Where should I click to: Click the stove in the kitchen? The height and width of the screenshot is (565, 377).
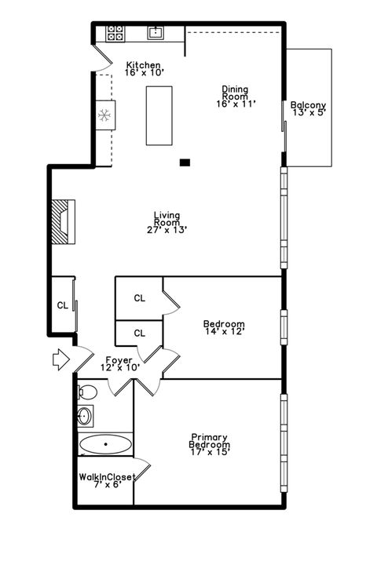click(x=115, y=33)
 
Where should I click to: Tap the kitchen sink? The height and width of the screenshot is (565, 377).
click(x=156, y=32)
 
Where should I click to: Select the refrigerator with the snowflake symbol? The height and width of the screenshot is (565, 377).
click(x=104, y=115)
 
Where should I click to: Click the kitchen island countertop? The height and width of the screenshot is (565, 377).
click(x=160, y=115)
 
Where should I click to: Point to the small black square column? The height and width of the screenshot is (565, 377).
click(x=185, y=162)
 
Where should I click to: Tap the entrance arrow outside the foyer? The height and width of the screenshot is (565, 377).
click(x=60, y=360)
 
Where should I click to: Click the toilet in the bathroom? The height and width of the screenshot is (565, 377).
click(x=87, y=392)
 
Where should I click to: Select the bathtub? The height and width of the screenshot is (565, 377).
click(x=104, y=445)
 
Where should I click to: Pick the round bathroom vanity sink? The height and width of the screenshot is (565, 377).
click(x=85, y=416)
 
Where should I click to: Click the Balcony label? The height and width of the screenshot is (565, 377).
click(x=308, y=105)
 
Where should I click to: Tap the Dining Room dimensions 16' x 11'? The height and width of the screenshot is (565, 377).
click(x=235, y=104)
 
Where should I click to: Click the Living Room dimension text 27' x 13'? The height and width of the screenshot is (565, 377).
click(x=167, y=230)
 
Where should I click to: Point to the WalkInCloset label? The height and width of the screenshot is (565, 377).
click(x=107, y=477)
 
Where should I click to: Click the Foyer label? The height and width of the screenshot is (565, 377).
click(x=119, y=360)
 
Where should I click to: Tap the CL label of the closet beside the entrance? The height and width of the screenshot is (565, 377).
click(x=62, y=305)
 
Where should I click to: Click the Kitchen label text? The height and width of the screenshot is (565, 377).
click(x=144, y=65)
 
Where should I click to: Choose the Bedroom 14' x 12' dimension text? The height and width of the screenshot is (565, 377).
click(x=224, y=332)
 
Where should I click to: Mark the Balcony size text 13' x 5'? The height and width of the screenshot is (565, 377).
click(x=308, y=112)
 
